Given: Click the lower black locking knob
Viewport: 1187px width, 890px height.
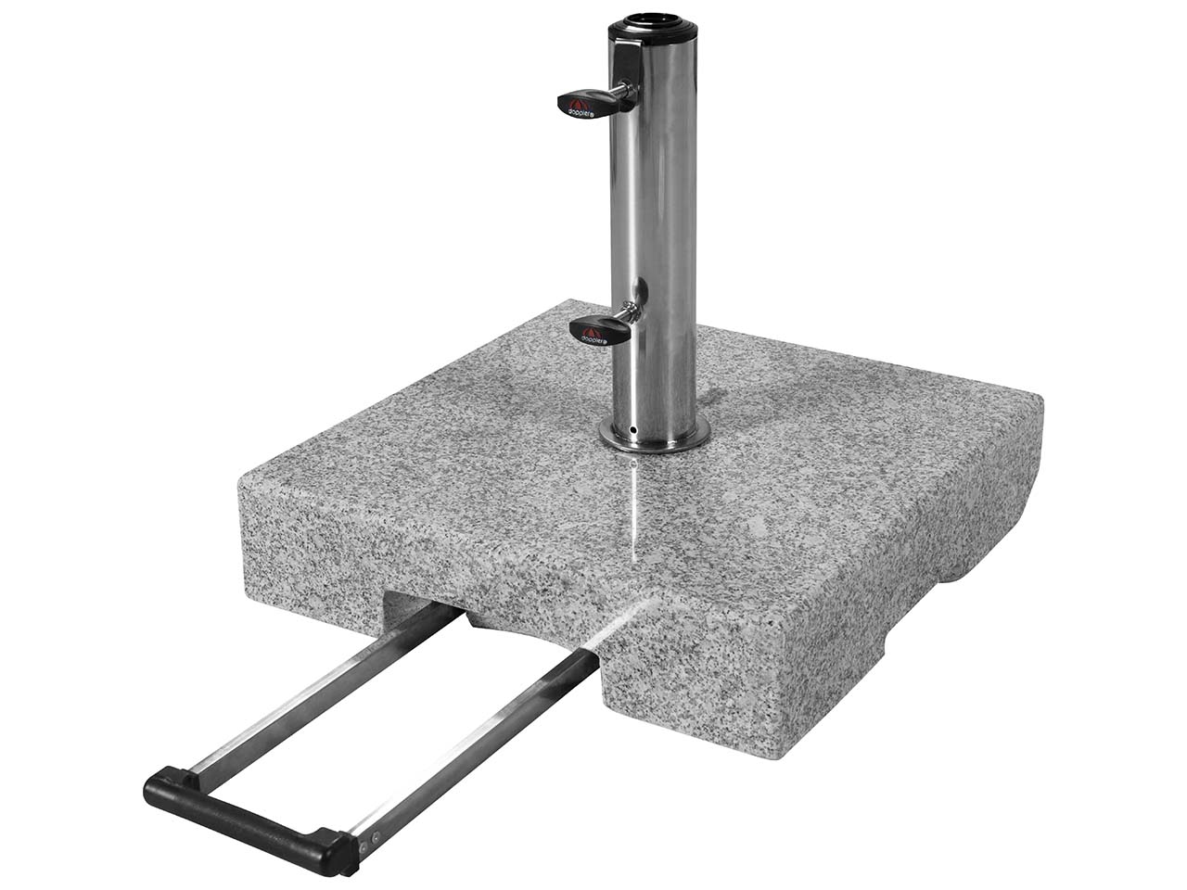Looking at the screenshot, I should (597, 328).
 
